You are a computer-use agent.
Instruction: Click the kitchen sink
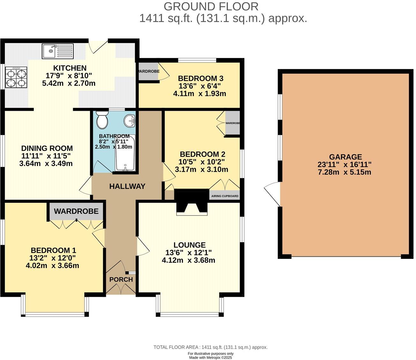[58, 51]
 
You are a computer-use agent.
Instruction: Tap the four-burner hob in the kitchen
[16, 78]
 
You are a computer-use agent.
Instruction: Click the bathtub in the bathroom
[125, 153]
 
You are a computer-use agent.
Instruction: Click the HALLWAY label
[127, 186]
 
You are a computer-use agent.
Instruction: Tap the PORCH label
[121, 280]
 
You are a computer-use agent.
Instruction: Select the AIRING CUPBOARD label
[225, 196]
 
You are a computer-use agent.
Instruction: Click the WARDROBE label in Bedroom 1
[76, 211]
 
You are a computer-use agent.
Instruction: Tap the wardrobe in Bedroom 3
[149, 72]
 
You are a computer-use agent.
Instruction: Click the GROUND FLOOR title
[211, 6]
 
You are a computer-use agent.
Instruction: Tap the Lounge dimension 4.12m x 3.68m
[188, 260]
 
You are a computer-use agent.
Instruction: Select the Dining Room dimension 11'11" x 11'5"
[47, 156]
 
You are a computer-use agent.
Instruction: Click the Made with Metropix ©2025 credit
[211, 357]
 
